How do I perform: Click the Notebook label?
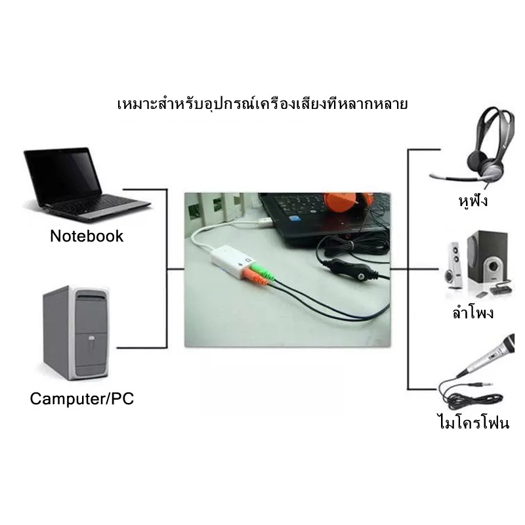click(87, 236)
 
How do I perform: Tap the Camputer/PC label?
click(81, 399)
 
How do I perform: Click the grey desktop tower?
click(75, 333)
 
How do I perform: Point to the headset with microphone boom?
click(477, 148)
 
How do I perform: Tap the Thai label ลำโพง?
click(472, 313)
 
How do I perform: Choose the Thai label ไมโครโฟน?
click(474, 421)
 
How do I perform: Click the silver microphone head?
click(507, 345)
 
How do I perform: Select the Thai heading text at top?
click(262, 104)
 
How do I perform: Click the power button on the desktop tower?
click(92, 339)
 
